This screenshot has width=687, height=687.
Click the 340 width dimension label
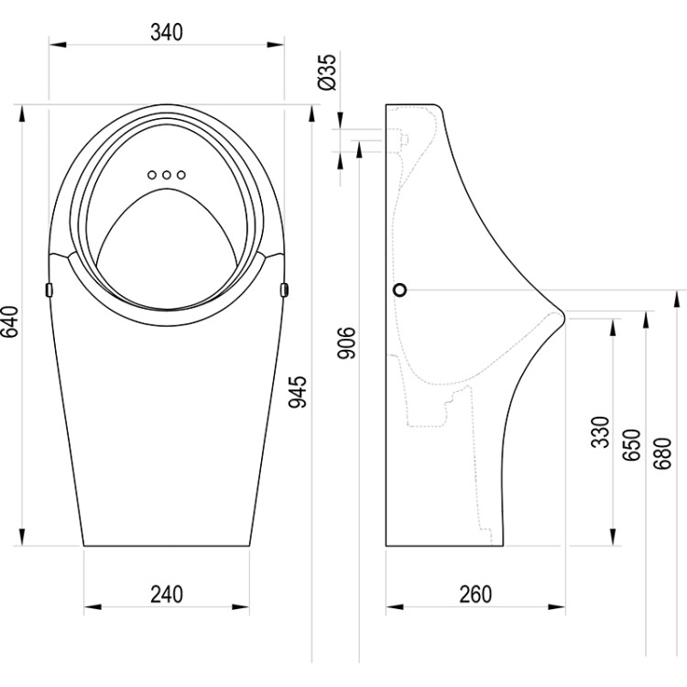[x=166, y=31]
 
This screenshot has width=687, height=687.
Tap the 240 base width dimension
[x=166, y=594]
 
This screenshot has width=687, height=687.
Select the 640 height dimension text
[x=11, y=322]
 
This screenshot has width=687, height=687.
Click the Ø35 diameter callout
[x=331, y=71]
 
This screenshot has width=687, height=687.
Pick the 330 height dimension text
[x=599, y=431]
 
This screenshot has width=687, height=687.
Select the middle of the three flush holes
[x=166, y=174]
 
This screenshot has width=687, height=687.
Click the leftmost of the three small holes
[x=151, y=174]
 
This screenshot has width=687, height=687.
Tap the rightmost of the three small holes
[x=181, y=174]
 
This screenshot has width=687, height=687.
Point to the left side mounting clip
[x=48, y=289]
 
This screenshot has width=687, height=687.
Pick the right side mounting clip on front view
[x=285, y=289]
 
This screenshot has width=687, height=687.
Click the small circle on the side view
[x=398, y=290]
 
